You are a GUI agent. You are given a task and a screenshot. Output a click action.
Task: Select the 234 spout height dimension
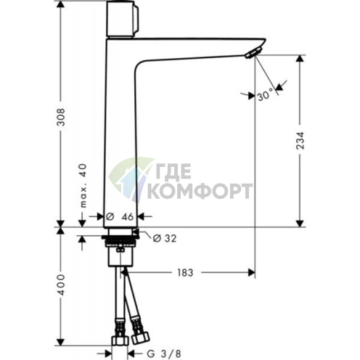(x=300, y=141)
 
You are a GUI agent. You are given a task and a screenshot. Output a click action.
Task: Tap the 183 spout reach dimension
(x=185, y=273)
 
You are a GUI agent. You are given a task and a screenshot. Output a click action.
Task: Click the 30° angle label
(x=266, y=95)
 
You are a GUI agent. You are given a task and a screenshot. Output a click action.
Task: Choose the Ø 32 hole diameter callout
(x=165, y=239)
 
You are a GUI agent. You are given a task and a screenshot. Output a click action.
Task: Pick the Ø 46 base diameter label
(x=120, y=217)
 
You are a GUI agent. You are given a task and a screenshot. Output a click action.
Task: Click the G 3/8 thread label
(x=164, y=354)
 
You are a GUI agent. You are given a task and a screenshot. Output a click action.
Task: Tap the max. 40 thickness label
(x=83, y=186)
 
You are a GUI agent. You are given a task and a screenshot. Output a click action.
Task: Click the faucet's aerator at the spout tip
(x=253, y=53)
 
